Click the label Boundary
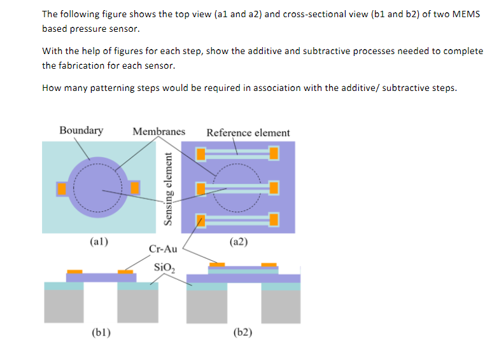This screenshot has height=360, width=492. point(81,130)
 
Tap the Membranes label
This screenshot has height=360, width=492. point(158,132)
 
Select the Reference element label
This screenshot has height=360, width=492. point(248,133)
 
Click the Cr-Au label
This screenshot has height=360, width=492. point(162,249)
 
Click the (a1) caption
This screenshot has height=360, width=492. point(99,242)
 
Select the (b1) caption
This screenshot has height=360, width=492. point(99,331)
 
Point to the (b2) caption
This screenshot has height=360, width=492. point(242,331)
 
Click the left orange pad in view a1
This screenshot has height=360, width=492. point(62,188)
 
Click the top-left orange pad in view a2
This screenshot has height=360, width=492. point(200,153)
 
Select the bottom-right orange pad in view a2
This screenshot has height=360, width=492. point(274,220)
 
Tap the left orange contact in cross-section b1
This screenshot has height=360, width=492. point(74,272)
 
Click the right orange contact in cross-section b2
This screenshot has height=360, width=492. point(269,265)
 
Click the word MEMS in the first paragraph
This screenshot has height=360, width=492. point(466,14)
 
